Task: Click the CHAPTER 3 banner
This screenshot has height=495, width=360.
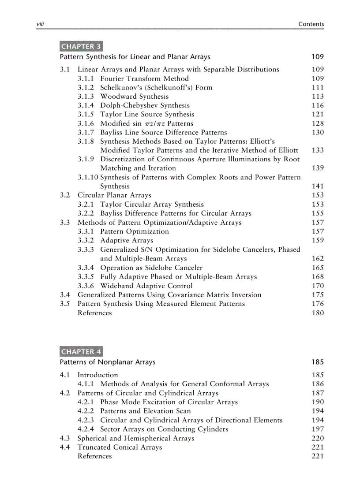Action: (81, 46)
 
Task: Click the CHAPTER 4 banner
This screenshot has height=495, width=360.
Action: (81, 352)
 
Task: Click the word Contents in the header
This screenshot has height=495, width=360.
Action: (311, 24)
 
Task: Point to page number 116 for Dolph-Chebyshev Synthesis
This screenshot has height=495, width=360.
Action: (317, 105)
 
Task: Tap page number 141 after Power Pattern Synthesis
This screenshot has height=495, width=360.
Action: (317, 186)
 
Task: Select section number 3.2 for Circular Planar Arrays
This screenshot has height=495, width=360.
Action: (65, 195)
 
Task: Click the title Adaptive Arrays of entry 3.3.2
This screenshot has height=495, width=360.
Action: (127, 241)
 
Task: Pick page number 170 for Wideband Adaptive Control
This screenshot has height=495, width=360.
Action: (317, 286)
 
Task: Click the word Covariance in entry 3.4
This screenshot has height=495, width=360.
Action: (186, 295)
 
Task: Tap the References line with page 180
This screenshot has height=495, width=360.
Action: (94, 313)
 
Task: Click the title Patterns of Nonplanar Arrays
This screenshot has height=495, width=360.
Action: (108, 362)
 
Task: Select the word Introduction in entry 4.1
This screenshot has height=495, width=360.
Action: (97, 375)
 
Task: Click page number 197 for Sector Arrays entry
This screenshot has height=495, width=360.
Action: (317, 429)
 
